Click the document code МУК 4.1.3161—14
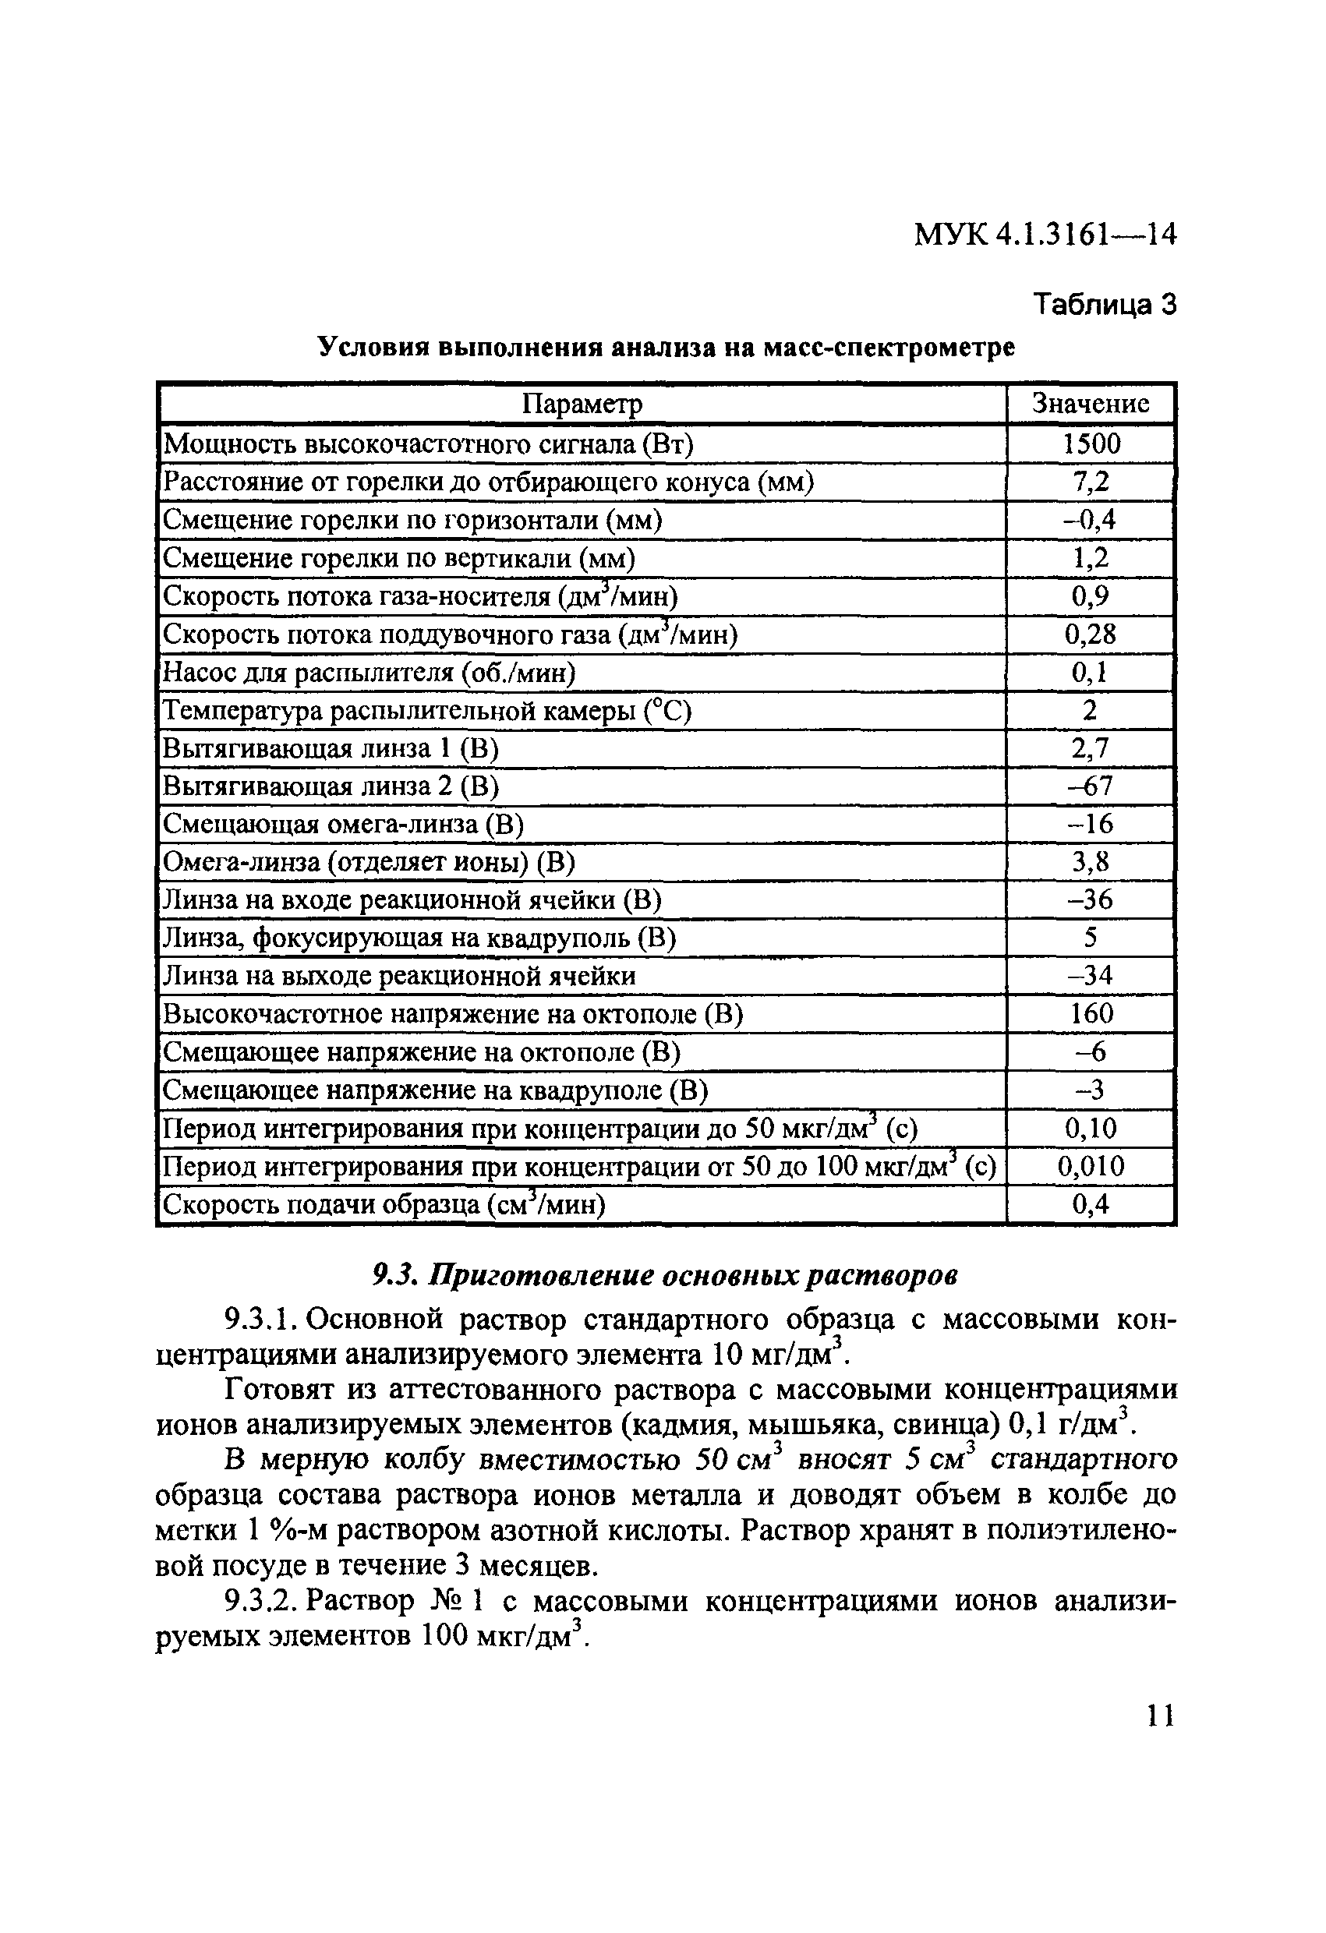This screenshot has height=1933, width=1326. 1045,235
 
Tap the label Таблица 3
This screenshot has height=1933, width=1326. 1104,306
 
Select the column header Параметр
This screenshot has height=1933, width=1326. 582,405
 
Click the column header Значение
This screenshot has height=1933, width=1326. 1090,404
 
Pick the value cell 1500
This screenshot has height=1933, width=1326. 1091,443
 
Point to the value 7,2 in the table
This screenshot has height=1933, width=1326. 1091,482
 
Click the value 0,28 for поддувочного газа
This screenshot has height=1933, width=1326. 1091,634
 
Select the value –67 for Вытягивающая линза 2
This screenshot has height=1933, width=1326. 1091,786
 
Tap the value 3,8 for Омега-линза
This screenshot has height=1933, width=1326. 1091,863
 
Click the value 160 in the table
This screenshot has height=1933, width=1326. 1091,1014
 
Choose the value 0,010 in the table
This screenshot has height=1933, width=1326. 1091,1166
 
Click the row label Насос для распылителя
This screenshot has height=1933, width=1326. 369,673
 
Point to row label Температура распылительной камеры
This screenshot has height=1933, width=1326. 426,711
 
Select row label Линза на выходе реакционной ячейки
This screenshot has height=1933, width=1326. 398,976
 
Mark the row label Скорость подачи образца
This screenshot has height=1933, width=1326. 384,1205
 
